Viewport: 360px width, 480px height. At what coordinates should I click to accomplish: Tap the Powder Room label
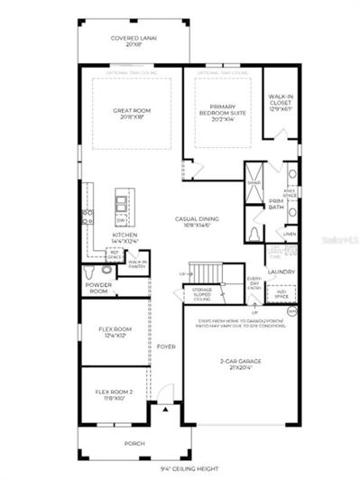coord(99,289)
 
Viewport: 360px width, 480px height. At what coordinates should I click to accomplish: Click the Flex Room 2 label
coord(115,393)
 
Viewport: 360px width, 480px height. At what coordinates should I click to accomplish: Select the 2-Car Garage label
coord(241,365)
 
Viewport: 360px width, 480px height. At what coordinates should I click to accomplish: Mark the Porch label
coord(134,443)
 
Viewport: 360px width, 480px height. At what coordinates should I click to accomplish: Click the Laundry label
coord(282,271)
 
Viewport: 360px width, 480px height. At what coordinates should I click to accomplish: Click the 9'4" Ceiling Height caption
coord(188,469)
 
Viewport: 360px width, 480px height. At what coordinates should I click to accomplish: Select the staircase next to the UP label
coord(210,272)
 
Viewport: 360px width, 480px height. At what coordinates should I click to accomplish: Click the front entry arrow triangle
coord(166,408)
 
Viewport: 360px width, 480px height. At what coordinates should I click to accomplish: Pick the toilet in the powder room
coord(88,272)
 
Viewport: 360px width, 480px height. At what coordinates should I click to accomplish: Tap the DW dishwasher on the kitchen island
coord(121,218)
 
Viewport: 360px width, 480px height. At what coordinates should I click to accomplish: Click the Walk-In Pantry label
coord(137,264)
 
